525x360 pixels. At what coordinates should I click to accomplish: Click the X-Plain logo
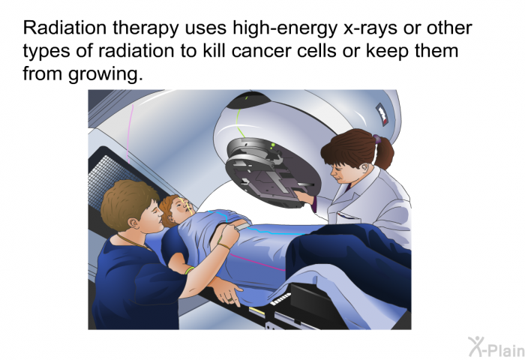click(x=491, y=346)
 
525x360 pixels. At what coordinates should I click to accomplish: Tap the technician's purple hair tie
click(x=376, y=140)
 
